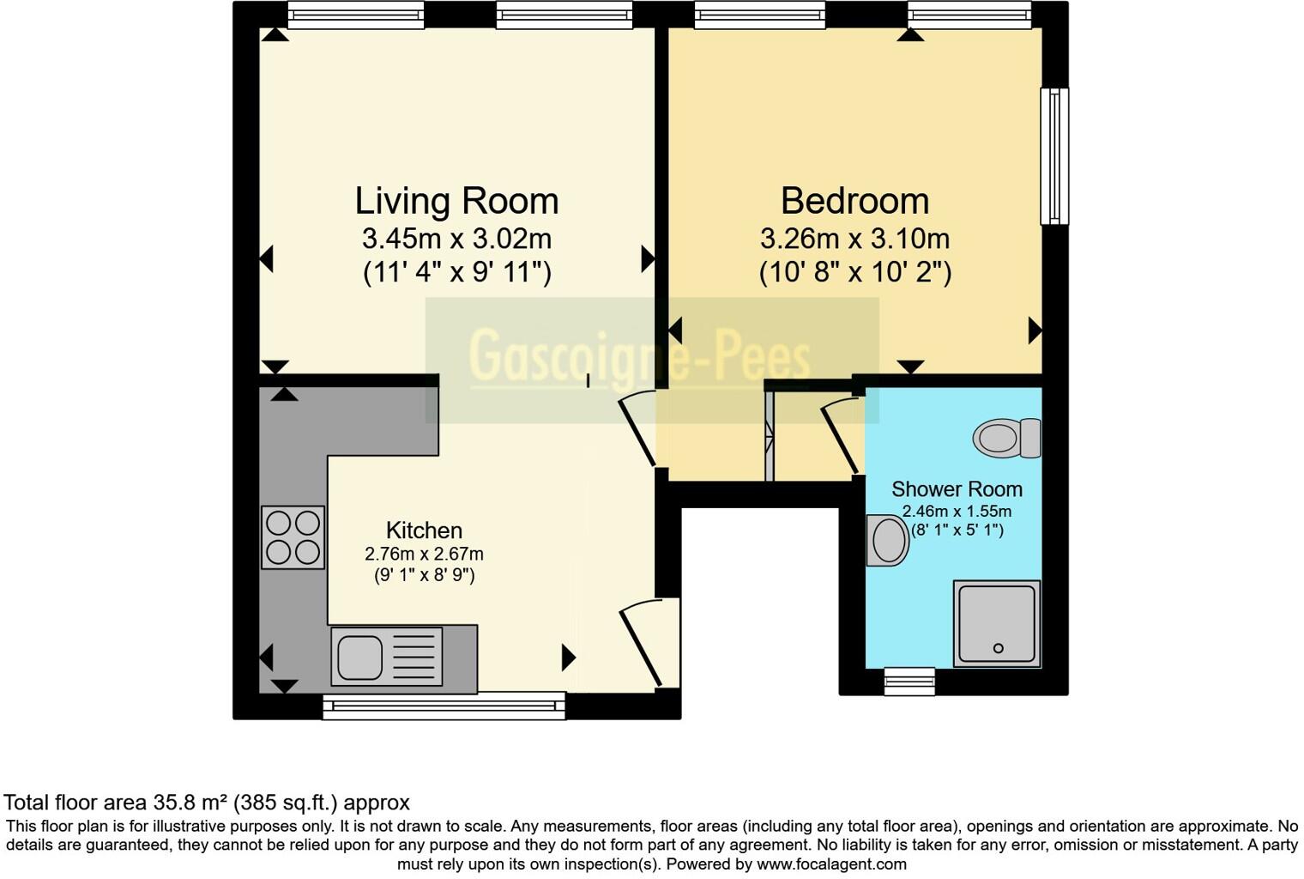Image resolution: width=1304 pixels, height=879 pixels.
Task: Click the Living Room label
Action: [456, 202]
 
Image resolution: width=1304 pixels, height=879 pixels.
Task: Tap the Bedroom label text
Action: [854, 202]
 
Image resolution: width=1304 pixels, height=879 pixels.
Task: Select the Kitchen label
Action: [424, 530]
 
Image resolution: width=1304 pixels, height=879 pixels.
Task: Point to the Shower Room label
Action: [957, 489]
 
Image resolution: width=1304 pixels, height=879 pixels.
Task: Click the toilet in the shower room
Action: [1005, 439]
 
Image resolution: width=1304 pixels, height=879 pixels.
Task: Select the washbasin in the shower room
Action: [888, 541]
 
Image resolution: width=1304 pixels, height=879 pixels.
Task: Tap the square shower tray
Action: [997, 623]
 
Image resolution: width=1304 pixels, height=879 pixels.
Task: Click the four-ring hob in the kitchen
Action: [293, 537]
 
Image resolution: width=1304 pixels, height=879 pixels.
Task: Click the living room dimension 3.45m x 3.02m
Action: [456, 238]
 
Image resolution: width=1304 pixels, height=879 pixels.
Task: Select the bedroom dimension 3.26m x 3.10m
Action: [854, 238]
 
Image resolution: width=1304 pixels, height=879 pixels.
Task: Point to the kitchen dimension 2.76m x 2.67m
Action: [424, 555]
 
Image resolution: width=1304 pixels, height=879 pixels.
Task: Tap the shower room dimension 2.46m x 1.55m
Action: [957, 512]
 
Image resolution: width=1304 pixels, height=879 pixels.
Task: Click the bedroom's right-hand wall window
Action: [1054, 155]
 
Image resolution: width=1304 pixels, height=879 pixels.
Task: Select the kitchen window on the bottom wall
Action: [444, 706]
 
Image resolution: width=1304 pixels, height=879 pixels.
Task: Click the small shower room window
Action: [909, 681]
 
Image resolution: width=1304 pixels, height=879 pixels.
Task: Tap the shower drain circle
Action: [998, 648]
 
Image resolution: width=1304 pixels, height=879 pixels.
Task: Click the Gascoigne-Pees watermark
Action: [639, 356]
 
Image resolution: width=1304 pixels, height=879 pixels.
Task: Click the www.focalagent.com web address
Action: [831, 864]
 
